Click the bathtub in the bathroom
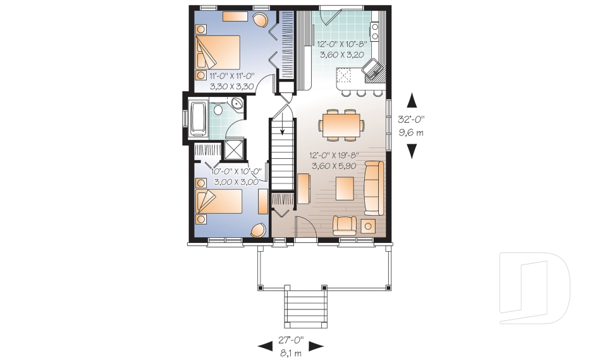(197, 119)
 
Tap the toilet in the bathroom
(217, 110)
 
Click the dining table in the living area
(341, 123)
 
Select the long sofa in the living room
(373, 188)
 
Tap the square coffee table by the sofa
(345, 188)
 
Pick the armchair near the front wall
(345, 225)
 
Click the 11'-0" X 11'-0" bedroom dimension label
(231, 75)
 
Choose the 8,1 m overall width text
(291, 352)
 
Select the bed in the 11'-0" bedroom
(218, 52)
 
